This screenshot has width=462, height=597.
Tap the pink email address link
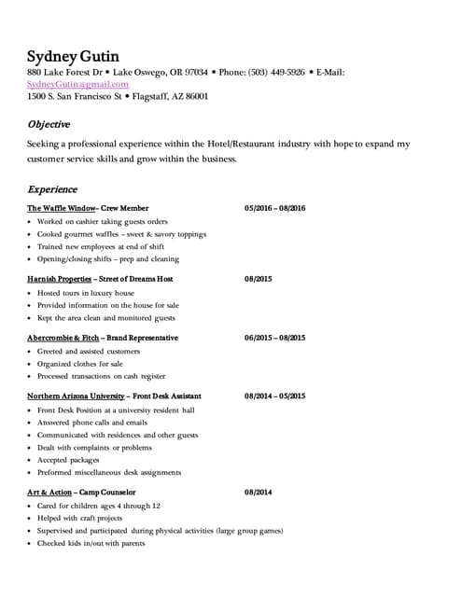click(x=78, y=84)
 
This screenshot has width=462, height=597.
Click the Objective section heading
click(x=49, y=124)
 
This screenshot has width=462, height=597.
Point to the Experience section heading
click(x=52, y=188)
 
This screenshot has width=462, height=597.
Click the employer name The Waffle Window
click(x=62, y=208)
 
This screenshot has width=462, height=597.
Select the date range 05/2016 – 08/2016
click(x=274, y=208)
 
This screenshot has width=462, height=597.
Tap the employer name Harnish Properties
click(x=60, y=279)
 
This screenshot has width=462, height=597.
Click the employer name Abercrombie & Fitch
click(x=63, y=338)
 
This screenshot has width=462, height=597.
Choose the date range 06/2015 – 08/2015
click(x=274, y=338)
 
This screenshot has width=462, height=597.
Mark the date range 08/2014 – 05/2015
click(x=274, y=396)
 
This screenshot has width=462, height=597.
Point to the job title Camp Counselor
click(x=109, y=492)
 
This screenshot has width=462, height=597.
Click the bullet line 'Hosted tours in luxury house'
click(x=85, y=293)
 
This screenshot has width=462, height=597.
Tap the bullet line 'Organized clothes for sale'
click(x=79, y=364)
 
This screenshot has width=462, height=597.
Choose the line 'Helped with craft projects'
click(x=79, y=518)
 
